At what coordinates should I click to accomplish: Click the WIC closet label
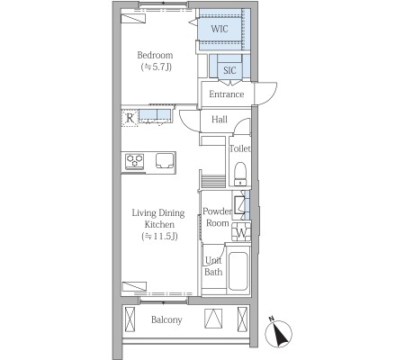point(220,29)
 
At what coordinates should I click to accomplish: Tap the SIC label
point(229,70)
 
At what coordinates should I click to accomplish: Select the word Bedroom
point(155,55)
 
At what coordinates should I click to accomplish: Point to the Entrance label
point(227,94)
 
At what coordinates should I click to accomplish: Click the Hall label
point(220,120)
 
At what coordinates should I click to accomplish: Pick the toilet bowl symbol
point(240,174)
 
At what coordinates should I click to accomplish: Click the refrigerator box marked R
point(130,118)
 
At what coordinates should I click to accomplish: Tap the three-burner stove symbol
point(134,162)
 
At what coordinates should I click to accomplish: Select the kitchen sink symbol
point(165,161)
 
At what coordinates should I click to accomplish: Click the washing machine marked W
point(241,231)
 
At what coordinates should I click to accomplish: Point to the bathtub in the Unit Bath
point(238,271)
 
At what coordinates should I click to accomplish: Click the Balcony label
point(166,319)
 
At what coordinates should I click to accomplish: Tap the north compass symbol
point(278,332)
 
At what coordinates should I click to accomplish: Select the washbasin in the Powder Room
point(239,204)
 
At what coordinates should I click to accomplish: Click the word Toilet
point(240,148)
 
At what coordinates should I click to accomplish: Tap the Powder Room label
point(218,217)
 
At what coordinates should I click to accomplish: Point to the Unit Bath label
point(213,266)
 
